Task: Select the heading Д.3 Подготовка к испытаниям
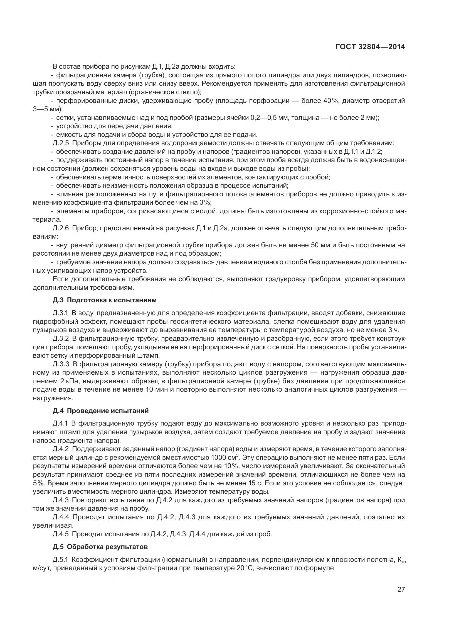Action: (x=105, y=300)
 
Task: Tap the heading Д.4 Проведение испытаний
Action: (x=101, y=411)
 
